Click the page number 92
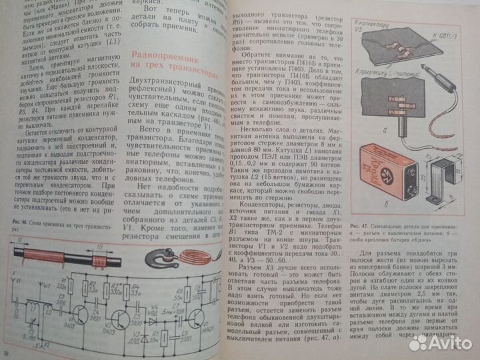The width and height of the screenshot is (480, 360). (x=7, y=353)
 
